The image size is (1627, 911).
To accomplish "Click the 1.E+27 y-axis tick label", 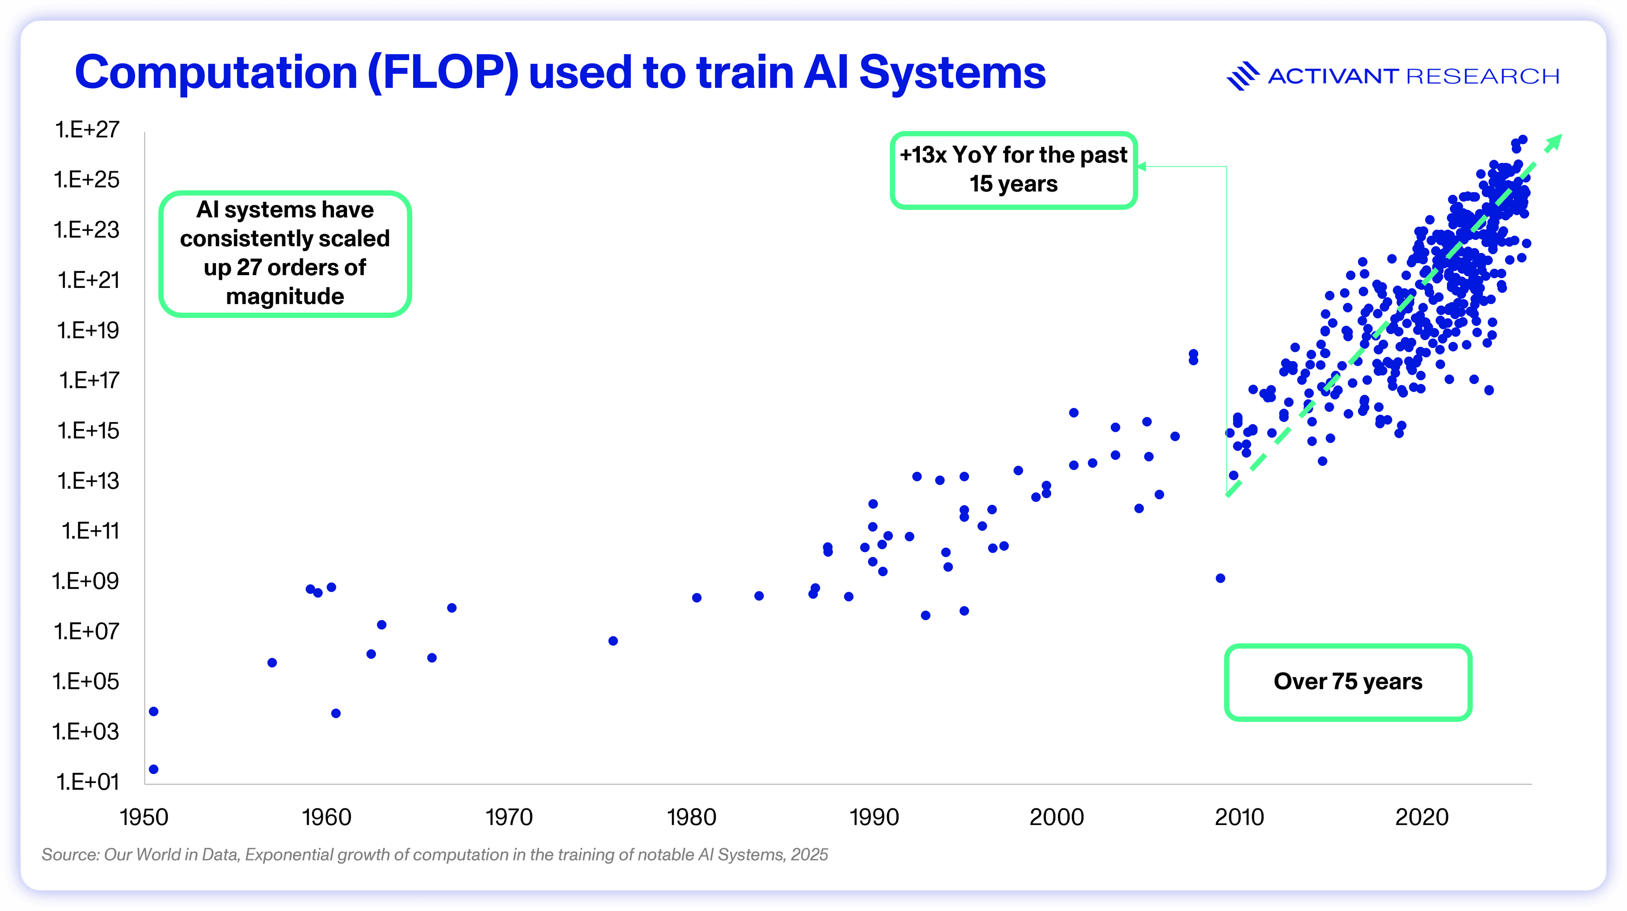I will click(x=87, y=130).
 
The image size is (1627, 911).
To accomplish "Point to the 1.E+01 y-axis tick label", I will click(x=87, y=782).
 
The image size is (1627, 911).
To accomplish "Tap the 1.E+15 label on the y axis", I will click(x=88, y=431).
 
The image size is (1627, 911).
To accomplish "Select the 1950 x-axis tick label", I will click(x=144, y=817).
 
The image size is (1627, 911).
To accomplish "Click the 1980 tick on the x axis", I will click(x=691, y=817).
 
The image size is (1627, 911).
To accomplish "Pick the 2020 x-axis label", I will click(x=1422, y=817).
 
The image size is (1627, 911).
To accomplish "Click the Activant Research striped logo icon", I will click(x=1242, y=76).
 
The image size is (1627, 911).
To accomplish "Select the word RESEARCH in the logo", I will click(x=1483, y=76).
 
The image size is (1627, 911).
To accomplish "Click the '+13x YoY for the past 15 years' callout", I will click(x=1013, y=169).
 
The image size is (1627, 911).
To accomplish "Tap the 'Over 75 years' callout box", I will click(x=1348, y=682).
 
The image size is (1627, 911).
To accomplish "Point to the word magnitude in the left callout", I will click(x=285, y=296).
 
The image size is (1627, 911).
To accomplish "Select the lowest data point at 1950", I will click(x=153, y=769).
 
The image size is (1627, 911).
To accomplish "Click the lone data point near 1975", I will click(x=613, y=641).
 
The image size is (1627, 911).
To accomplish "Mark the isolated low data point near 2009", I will click(x=1220, y=578).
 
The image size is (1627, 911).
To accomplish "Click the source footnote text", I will click(x=435, y=855).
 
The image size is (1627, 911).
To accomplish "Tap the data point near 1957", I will click(x=272, y=663).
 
